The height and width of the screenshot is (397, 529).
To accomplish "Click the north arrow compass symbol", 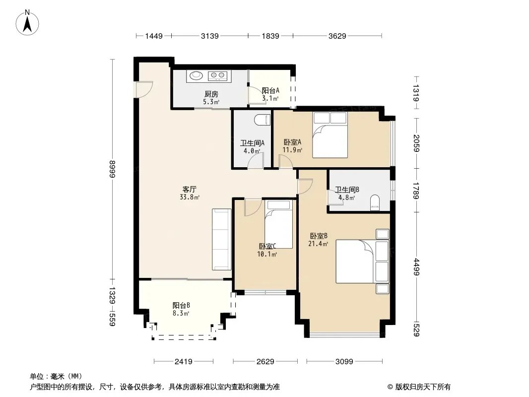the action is click(27, 23).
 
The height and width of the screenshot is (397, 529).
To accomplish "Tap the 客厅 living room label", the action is click(189, 189).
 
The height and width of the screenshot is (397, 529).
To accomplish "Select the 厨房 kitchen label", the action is click(211, 94).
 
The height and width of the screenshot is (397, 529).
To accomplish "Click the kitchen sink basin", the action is click(196, 75).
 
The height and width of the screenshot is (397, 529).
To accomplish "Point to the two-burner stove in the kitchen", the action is click(217, 75).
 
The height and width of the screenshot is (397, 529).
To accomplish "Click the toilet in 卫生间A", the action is click(263, 120).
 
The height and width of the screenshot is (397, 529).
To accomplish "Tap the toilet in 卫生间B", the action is click(375, 202).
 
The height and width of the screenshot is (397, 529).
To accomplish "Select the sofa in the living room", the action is click(222, 240).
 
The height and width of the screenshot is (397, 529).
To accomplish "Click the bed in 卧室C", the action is click(278, 224).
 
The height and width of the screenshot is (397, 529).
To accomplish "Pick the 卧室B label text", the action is click(319, 236).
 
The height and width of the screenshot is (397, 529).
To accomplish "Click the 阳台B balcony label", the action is click(181, 305).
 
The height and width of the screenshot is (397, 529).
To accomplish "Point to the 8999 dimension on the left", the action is click(113, 169).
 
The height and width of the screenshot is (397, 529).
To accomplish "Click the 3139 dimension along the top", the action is click(210, 36).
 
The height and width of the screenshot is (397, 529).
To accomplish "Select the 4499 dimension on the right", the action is click(416, 267).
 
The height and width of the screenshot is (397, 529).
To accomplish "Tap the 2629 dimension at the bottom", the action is click(265, 362).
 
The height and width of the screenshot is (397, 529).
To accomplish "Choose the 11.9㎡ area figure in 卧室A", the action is click(292, 150).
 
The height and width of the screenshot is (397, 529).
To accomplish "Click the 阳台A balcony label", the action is click(270, 90).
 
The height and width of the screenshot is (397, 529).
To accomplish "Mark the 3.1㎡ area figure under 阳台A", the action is click(270, 98).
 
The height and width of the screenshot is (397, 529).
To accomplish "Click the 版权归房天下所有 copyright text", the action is click(423, 387).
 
